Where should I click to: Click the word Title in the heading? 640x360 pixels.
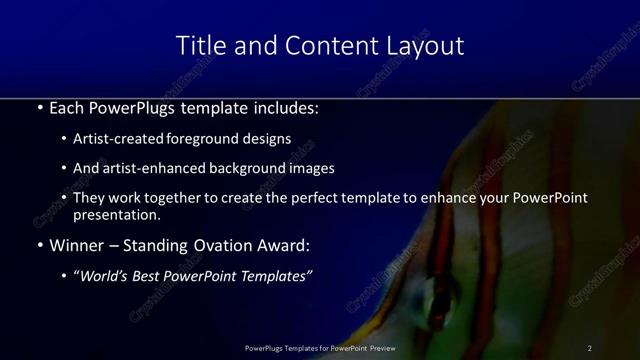click(x=196, y=46)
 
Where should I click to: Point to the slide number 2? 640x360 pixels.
click(x=589, y=348)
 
